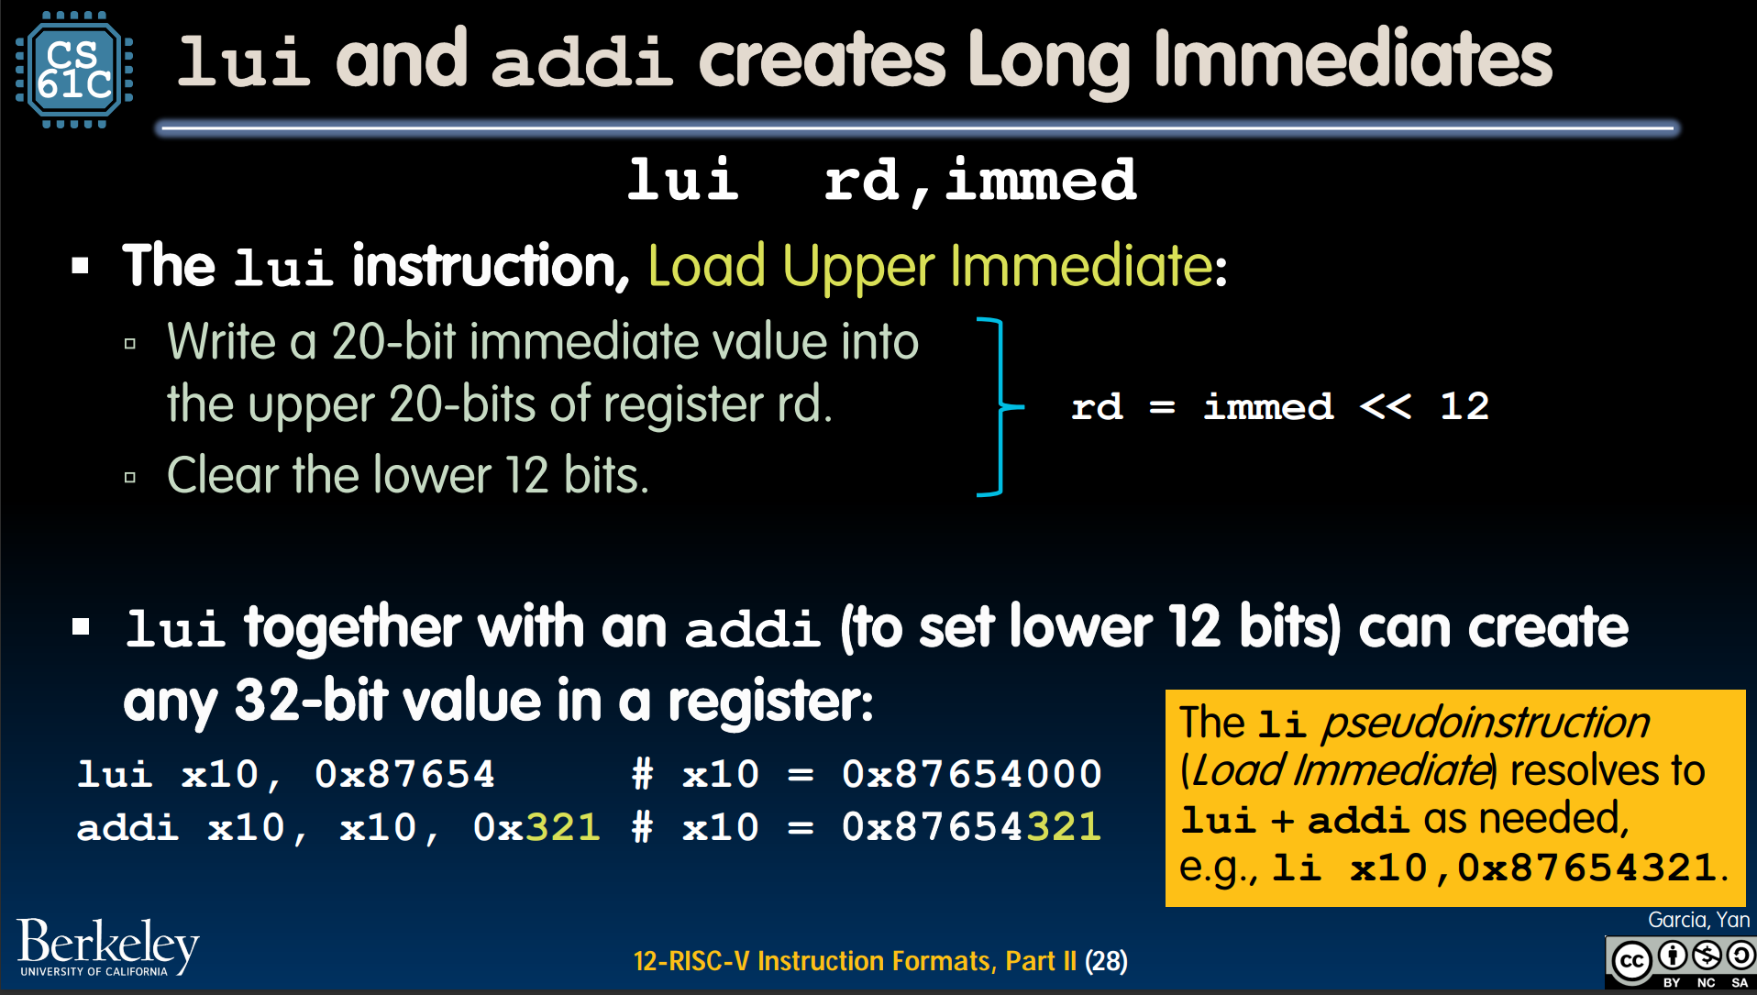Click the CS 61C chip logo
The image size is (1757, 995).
pyautogui.click(x=74, y=70)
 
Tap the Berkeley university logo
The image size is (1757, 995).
pyautogui.click(x=108, y=946)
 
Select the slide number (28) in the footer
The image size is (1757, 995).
pyautogui.click(x=1106, y=961)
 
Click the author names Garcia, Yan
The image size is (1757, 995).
pyautogui.click(x=1698, y=920)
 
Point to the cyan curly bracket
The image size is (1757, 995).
pyautogui.click(x=1000, y=406)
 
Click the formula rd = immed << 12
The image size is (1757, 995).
pyautogui.click(x=1280, y=406)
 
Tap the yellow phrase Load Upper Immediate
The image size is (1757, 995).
pyautogui.click(x=931, y=266)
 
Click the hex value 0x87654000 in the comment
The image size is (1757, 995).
pyautogui.click(x=972, y=774)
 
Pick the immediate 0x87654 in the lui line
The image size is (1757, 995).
pyautogui.click(x=404, y=774)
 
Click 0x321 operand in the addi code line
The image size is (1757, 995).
pyautogui.click(x=536, y=827)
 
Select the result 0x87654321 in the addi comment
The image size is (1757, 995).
pyautogui.click(x=972, y=827)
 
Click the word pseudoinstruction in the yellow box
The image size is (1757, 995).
pyautogui.click(x=1486, y=723)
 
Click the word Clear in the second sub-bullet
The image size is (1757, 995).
pyautogui.click(x=223, y=475)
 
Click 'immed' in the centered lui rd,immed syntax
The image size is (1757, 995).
pyautogui.click(x=1041, y=180)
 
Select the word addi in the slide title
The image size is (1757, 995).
pyautogui.click(x=582, y=61)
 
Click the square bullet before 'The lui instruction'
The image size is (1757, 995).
pyautogui.click(x=81, y=266)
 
